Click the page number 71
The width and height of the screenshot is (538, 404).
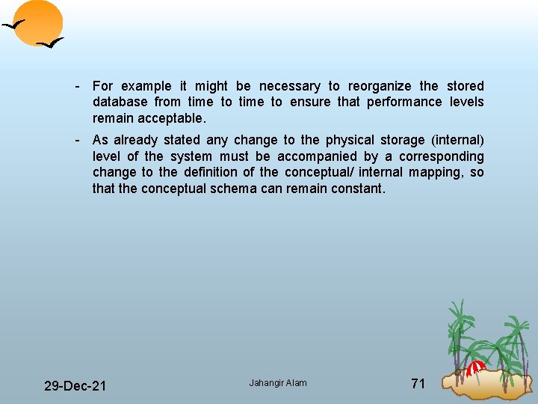[418, 384]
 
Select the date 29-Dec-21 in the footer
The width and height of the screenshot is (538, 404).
[75, 386]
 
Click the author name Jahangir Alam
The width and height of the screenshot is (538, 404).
[278, 383]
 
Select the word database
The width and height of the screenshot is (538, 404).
[120, 102]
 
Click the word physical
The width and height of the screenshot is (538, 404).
[348, 140]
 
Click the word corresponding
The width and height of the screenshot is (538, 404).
[441, 156]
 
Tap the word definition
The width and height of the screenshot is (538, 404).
[214, 172]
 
